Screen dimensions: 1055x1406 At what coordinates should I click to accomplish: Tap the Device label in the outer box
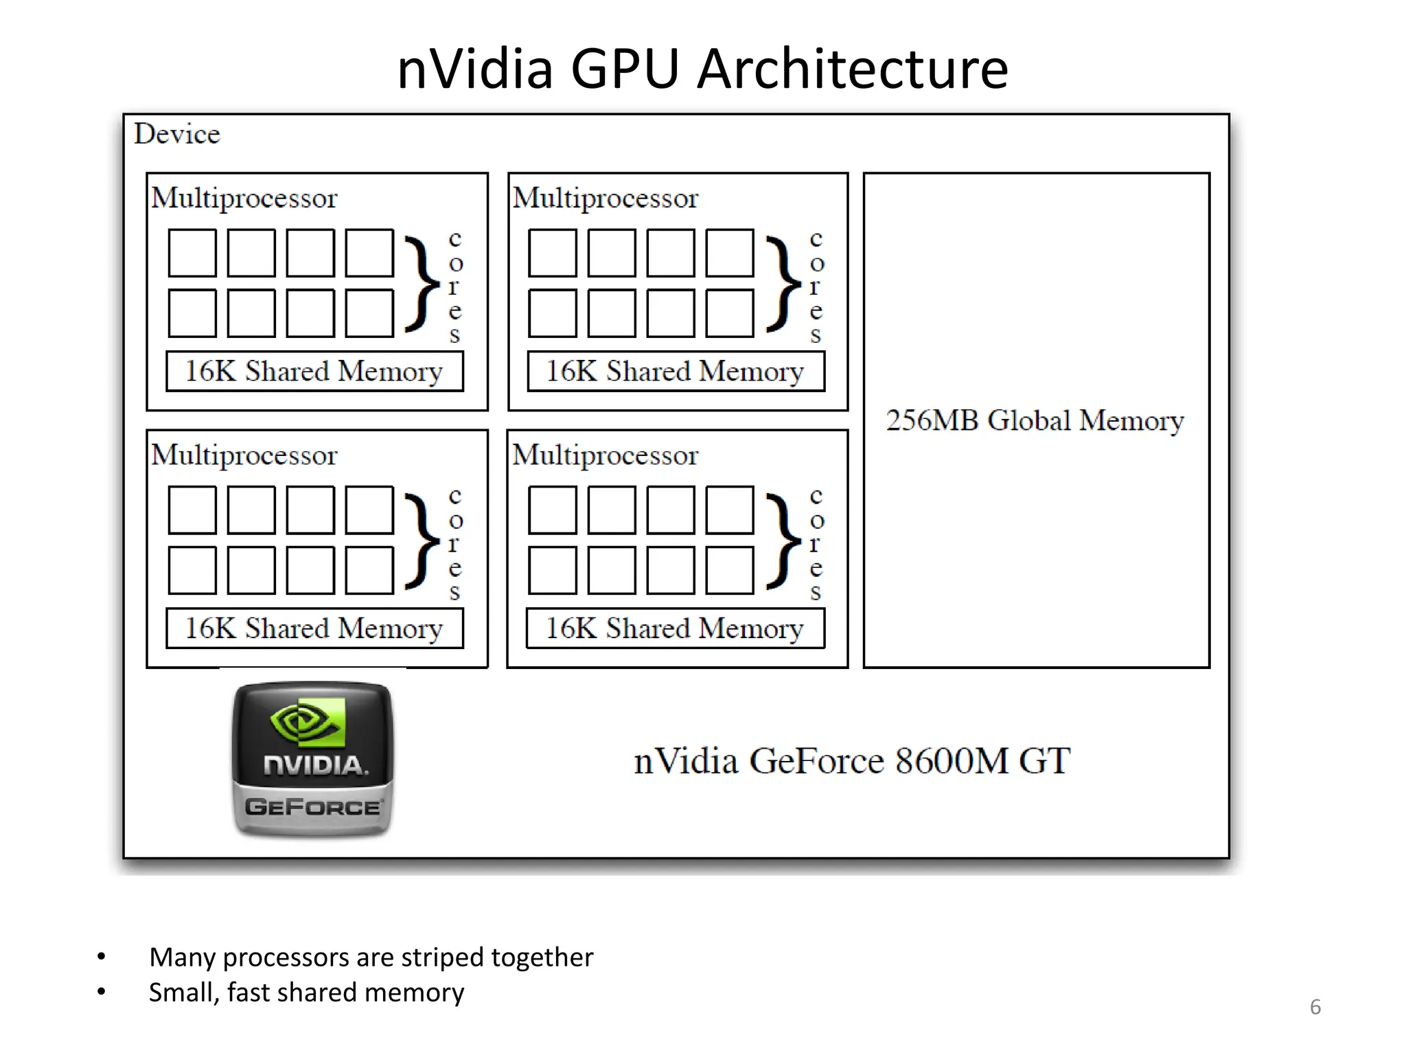pos(177,134)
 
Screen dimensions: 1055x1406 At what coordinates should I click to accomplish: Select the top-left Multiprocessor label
pos(244,198)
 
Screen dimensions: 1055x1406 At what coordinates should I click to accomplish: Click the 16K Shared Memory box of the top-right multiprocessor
pos(676,372)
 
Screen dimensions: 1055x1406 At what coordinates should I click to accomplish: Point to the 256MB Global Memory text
pos(1035,420)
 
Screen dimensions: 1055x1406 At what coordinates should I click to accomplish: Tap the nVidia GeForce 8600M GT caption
pos(851,761)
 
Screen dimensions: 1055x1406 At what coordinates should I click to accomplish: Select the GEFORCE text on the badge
pos(313,806)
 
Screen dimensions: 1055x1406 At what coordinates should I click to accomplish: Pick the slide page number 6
pos(1315,1007)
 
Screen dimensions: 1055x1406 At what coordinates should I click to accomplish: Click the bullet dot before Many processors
pos(102,957)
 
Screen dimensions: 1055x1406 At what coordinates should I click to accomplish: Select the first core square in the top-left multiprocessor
pos(192,253)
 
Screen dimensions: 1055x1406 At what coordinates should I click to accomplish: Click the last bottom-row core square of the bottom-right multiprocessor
pos(730,570)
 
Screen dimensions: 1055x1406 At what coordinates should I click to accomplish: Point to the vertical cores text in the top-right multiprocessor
pos(816,286)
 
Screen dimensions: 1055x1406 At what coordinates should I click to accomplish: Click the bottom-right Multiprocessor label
pos(605,455)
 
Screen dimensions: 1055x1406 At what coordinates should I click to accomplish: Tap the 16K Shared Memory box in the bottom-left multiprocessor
pos(314,628)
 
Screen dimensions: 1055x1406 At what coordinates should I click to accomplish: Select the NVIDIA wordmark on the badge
pos(314,765)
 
